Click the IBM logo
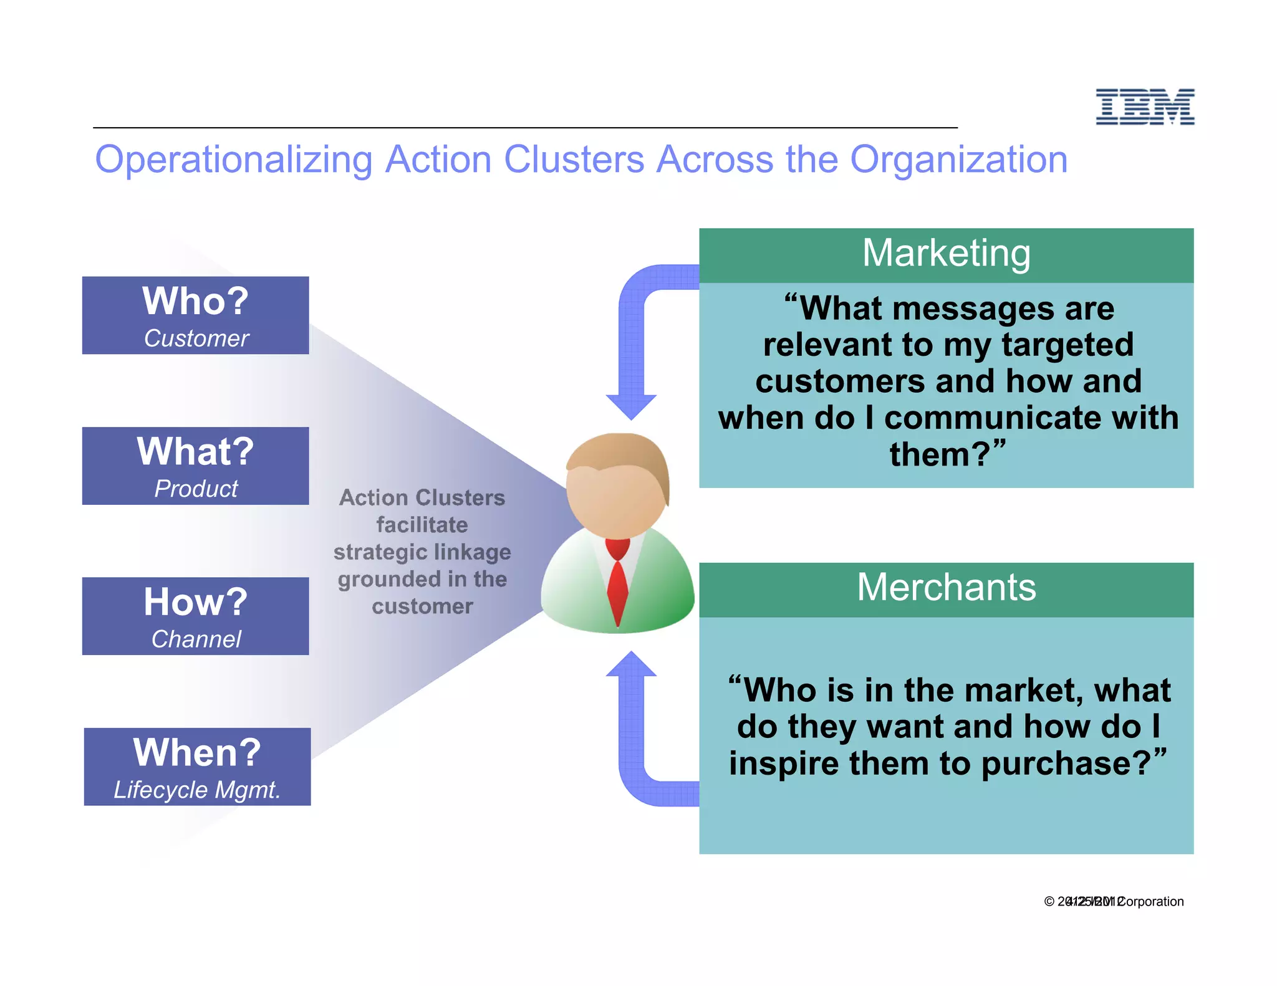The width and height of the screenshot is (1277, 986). point(1145,107)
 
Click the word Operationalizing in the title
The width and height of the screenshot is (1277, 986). point(233,160)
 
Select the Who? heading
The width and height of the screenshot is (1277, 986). point(195,301)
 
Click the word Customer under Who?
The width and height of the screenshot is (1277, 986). point(196,338)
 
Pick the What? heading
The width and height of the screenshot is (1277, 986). point(195,451)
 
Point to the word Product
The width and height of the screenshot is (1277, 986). point(196,489)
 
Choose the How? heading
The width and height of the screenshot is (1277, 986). point(195,602)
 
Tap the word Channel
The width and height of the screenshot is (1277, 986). point(196,639)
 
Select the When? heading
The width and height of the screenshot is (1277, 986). point(197,752)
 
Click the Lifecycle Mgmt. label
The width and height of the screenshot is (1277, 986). point(197,790)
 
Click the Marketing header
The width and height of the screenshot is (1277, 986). point(946,254)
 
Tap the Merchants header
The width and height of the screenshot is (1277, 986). point(946,588)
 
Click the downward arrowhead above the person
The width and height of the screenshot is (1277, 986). point(631,406)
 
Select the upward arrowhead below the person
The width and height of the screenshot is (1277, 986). point(631,664)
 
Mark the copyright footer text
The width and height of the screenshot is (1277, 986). point(1114,901)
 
